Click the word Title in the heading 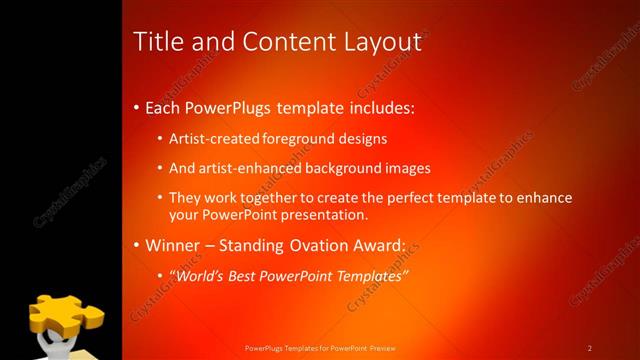point(157,41)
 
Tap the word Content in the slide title point(283,41)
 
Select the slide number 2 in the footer point(590,347)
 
